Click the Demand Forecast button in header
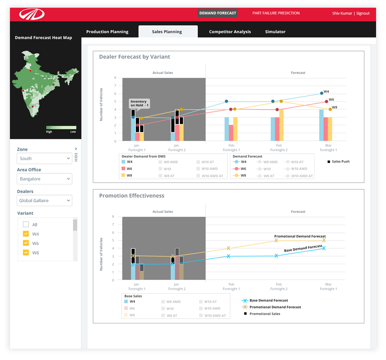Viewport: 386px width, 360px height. [218, 13]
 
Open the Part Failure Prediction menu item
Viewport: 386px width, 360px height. [276, 13]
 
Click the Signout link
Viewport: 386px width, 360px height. [363, 14]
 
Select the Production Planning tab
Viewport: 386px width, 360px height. [107, 32]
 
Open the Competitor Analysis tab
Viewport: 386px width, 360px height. [230, 32]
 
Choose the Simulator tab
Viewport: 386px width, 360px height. [275, 32]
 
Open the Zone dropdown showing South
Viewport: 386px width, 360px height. [44, 158]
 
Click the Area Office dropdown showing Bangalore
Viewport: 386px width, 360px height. [44, 179]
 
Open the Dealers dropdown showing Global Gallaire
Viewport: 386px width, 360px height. [44, 200]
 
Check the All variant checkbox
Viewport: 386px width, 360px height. [26, 224]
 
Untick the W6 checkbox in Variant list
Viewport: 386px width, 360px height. [26, 243]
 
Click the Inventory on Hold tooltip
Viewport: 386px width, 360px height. [139, 103]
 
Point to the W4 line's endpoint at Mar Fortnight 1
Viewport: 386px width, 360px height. [321, 93]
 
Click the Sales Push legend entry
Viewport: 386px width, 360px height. [339, 161]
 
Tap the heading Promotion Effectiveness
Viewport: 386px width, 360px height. [132, 196]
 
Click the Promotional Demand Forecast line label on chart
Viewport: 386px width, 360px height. [300, 236]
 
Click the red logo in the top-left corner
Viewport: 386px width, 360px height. [32, 14]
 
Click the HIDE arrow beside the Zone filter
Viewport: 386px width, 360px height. [76, 149]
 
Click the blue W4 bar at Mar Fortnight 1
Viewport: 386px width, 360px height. [321, 125]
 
